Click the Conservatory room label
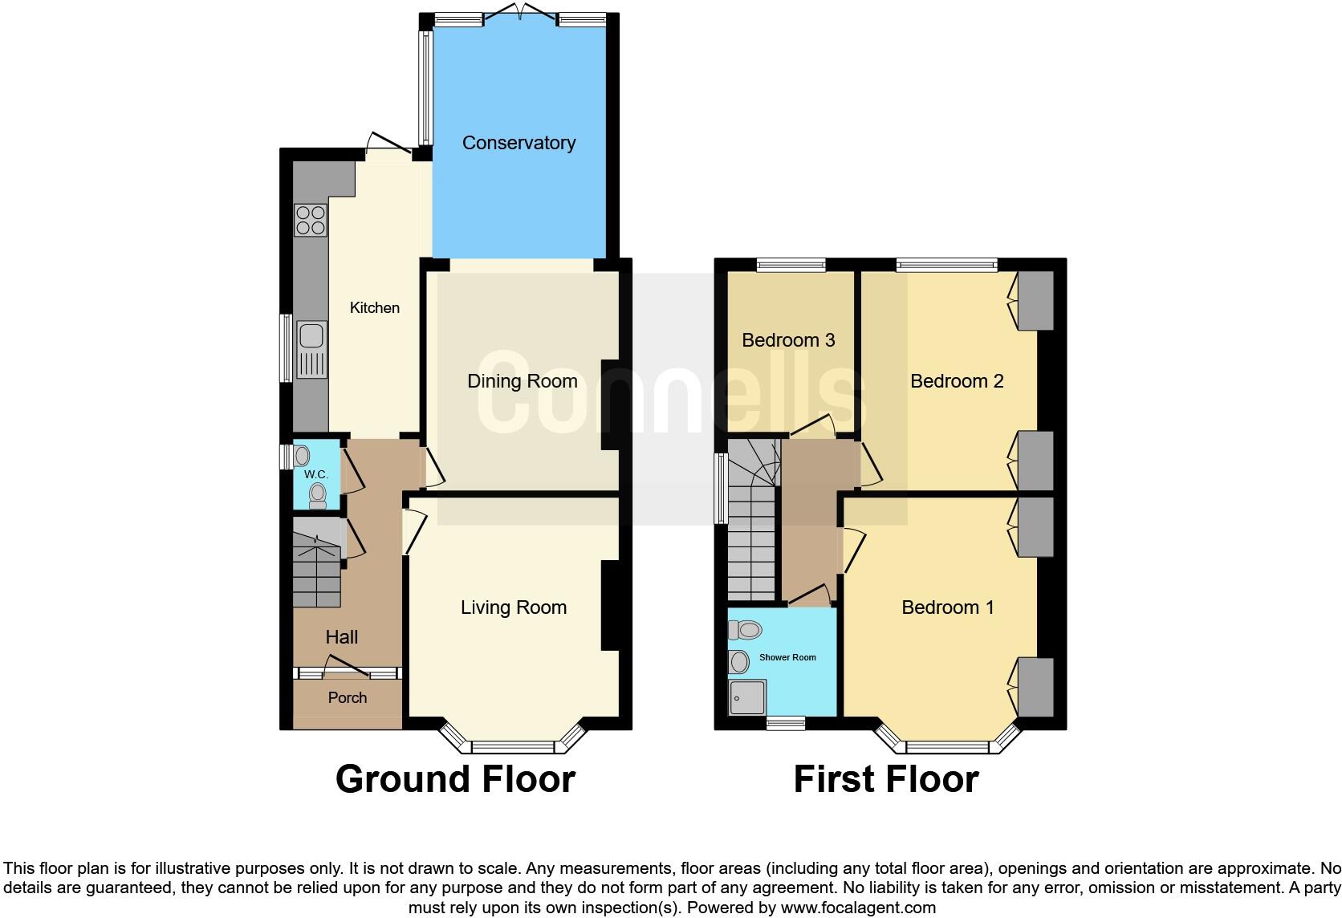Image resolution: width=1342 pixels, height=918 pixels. [518, 143]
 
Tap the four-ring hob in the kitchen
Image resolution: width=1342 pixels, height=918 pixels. [311, 220]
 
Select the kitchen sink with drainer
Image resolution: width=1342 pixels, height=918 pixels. [311, 349]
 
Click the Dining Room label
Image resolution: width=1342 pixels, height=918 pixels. [522, 381]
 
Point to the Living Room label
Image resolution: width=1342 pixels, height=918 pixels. [513, 607]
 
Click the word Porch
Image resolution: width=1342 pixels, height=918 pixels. [347, 698]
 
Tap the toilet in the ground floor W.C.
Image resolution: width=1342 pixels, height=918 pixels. [318, 495]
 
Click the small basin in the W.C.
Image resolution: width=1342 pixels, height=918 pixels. [302, 457]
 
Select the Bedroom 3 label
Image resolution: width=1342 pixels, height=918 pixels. [787, 340]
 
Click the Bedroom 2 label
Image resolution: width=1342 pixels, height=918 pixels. [956, 381]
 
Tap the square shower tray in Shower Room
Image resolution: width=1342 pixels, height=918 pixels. [747, 697]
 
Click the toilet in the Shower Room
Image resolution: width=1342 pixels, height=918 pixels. [746, 630]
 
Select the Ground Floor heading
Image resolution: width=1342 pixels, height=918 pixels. [455, 779]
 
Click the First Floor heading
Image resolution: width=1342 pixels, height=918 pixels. [885, 779]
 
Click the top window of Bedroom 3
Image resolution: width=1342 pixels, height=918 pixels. [791, 263]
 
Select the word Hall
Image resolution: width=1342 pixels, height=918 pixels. [341, 637]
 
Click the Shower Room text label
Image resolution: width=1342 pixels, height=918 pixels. [787, 657]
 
